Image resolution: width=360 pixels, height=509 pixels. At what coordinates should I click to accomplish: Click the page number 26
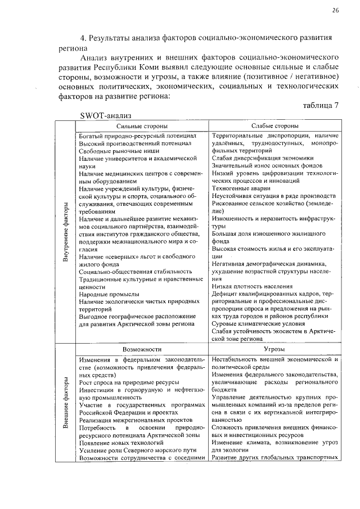(x=335, y=11)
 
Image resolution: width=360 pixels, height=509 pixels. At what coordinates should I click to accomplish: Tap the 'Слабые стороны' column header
(x=274, y=127)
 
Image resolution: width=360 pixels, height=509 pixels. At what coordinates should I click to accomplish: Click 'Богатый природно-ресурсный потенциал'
(x=137, y=136)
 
